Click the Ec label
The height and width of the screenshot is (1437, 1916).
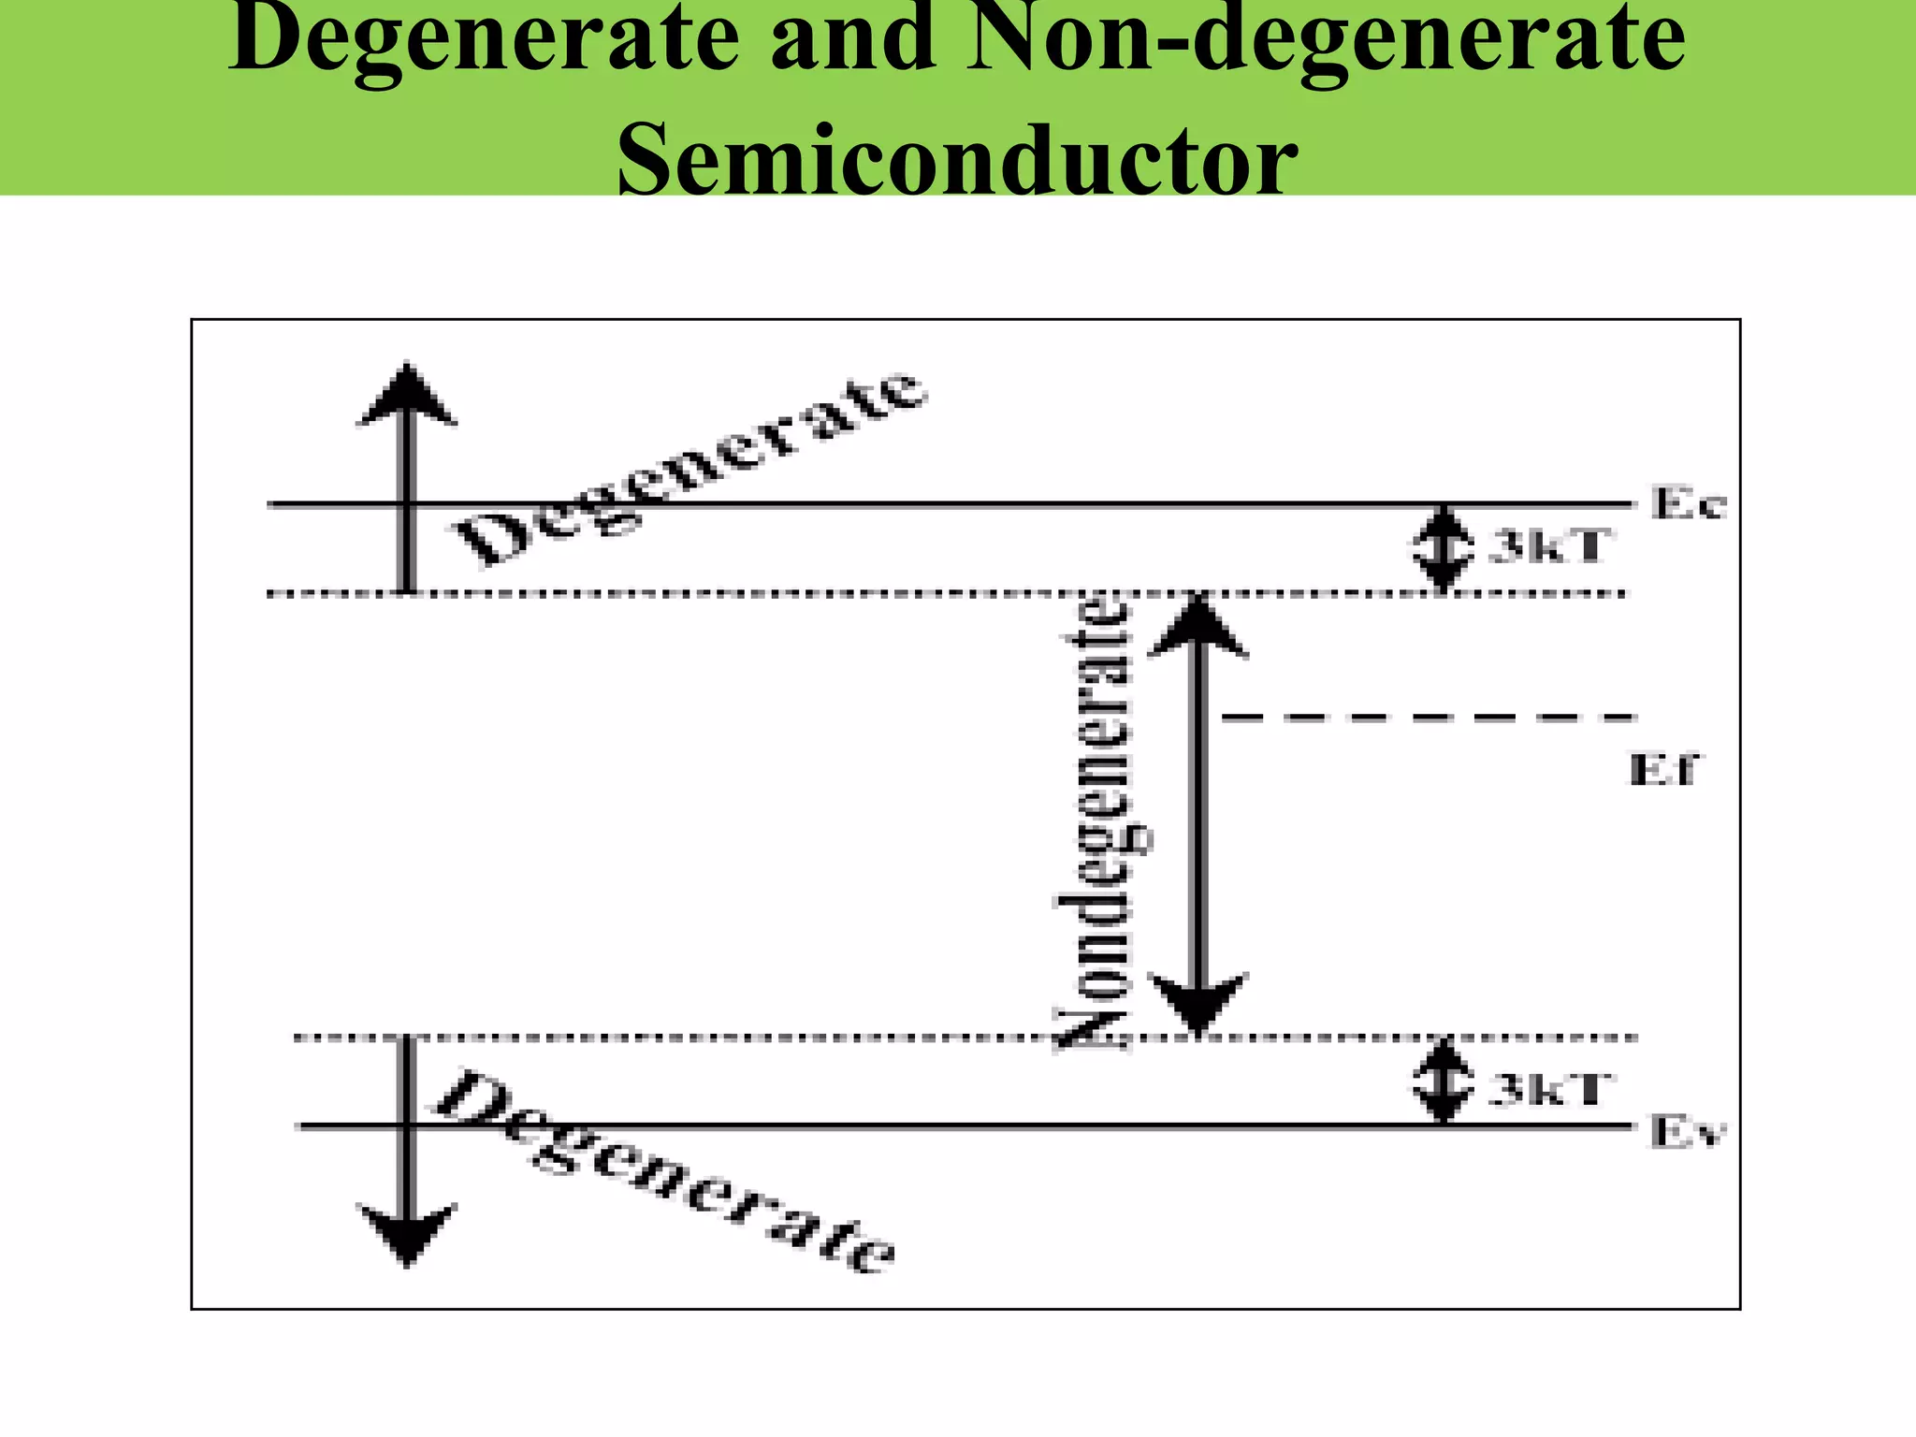[1688, 504]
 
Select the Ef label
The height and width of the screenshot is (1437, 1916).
[1663, 770]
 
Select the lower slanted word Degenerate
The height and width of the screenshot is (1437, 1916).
[664, 1175]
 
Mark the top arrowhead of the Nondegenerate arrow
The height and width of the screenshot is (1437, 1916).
[1198, 627]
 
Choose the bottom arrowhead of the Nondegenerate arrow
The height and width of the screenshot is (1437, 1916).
[1198, 1003]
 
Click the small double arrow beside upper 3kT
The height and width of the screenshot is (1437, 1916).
[1444, 548]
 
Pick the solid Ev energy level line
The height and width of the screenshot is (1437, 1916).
[936, 1126]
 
